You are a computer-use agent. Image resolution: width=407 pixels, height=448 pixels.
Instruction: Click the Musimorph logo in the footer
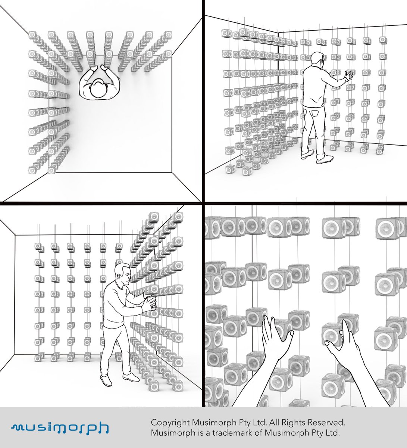tap(60, 428)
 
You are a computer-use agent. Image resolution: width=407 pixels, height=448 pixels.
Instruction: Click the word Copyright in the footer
tap(170, 423)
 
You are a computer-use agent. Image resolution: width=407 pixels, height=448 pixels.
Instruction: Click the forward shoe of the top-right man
tap(324, 159)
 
